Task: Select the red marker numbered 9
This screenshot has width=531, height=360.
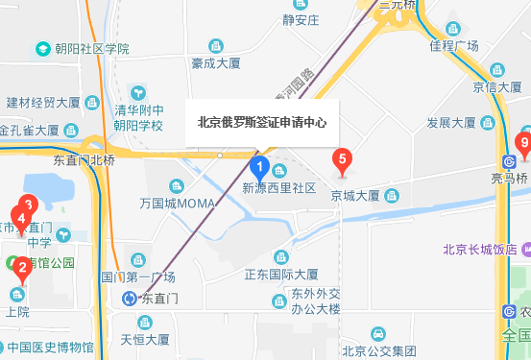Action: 523,145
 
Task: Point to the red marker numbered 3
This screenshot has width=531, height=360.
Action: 28,204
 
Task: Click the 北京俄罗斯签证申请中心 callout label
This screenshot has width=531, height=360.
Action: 261,122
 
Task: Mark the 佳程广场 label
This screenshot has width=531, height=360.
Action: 454,45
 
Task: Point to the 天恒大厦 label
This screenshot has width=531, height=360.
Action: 144,339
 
